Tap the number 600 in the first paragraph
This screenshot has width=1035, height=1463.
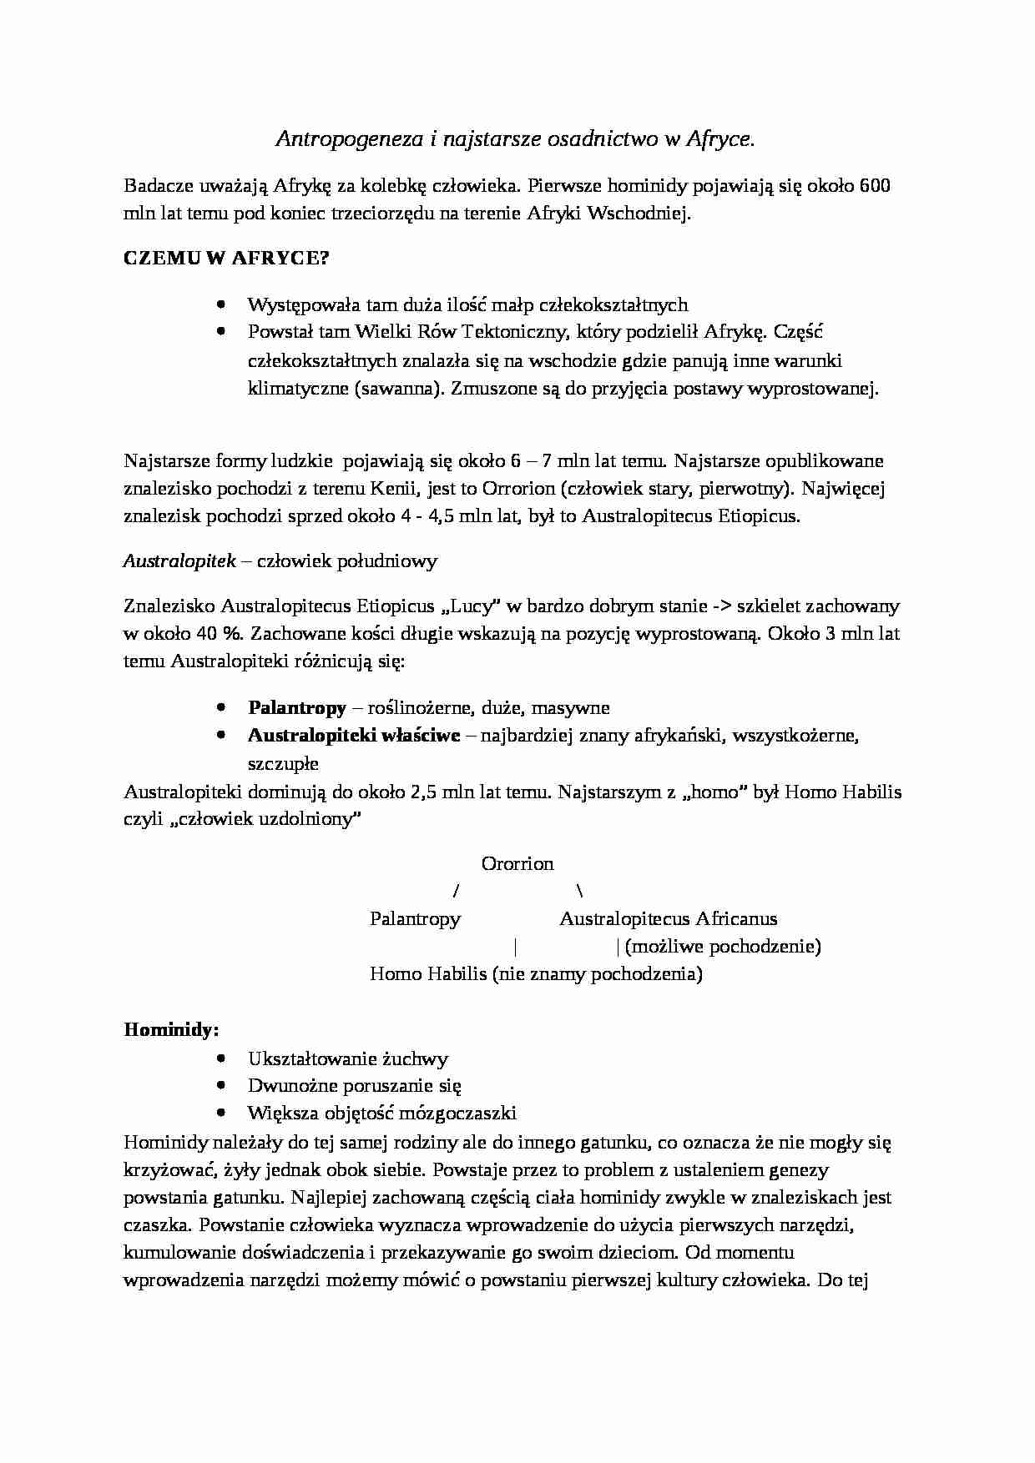(874, 185)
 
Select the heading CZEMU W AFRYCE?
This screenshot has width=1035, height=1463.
(226, 258)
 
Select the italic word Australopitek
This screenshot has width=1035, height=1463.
(179, 561)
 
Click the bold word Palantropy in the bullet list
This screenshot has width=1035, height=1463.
(297, 708)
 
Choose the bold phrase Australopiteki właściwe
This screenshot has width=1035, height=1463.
(354, 736)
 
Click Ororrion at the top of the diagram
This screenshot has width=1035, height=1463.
(517, 863)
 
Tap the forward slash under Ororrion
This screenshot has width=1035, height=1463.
(456, 891)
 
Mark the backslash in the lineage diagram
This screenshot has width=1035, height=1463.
(579, 891)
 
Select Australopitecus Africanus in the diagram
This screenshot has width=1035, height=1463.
(668, 918)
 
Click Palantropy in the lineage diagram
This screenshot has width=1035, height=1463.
(415, 918)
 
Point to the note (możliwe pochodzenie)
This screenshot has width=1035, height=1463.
(722, 946)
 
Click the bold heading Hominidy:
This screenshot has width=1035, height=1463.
(171, 1029)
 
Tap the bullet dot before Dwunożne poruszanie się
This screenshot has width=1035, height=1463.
(220, 1085)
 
